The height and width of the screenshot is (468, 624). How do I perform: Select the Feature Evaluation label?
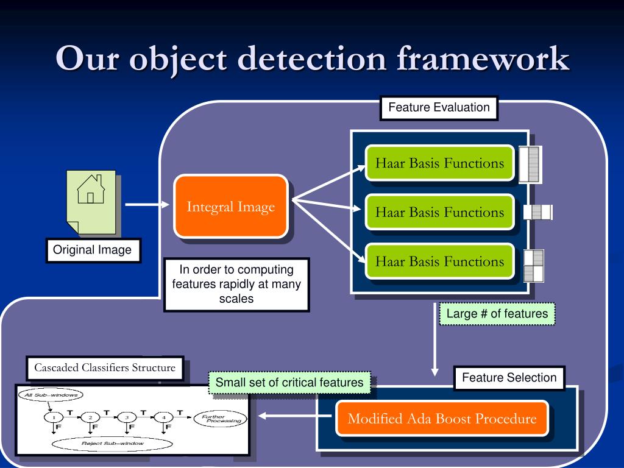pos(439,108)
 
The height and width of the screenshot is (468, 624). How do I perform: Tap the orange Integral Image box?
pos(230,207)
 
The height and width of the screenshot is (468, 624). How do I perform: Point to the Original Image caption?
pos(92,250)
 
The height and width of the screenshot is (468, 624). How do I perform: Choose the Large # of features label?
pos(497,314)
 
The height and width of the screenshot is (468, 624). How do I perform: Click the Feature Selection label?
pos(509,378)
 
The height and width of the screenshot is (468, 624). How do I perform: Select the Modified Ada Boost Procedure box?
pos(442,419)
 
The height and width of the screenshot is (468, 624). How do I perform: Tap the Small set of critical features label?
pos(289,383)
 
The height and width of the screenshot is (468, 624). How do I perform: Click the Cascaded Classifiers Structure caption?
pos(105,368)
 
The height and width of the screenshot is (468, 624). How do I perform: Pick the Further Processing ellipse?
pos(217,418)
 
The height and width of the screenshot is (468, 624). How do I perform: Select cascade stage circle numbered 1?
pos(54,418)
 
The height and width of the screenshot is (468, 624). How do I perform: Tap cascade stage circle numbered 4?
pos(164,418)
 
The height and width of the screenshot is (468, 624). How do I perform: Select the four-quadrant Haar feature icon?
pos(534,266)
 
